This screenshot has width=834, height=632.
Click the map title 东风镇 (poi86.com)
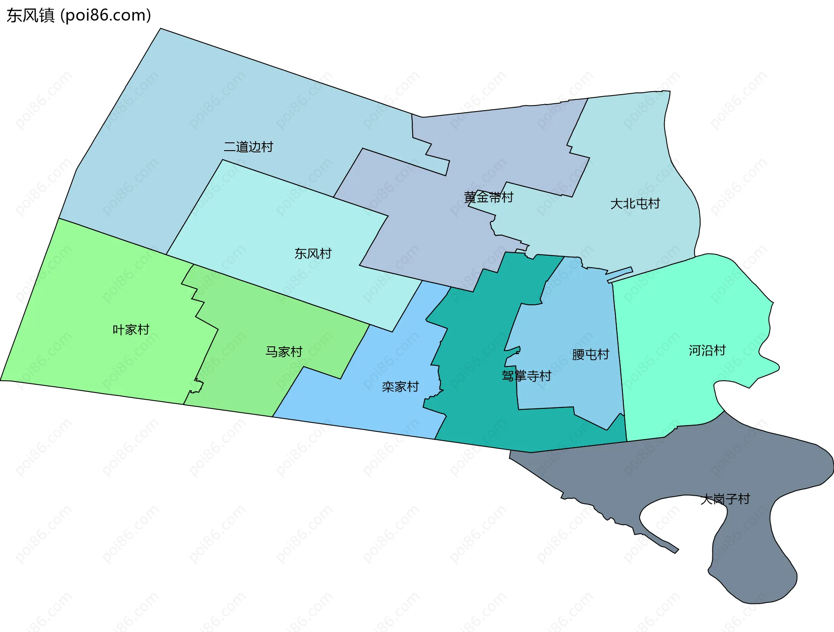[79, 15]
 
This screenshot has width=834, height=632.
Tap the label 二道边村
[248, 147]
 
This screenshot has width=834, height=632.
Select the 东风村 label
[313, 253]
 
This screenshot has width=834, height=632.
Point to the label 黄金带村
[489, 197]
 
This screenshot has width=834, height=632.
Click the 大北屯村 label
[635, 204]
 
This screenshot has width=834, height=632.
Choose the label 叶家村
[131, 330]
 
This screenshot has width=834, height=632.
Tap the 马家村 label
[284, 352]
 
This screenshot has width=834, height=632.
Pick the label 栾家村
[400, 387]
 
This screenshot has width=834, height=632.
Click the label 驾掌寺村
[526, 376]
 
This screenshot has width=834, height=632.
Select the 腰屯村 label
[590, 355]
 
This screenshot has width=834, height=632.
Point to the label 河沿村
[707, 350]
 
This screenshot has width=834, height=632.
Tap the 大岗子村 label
[725, 499]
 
